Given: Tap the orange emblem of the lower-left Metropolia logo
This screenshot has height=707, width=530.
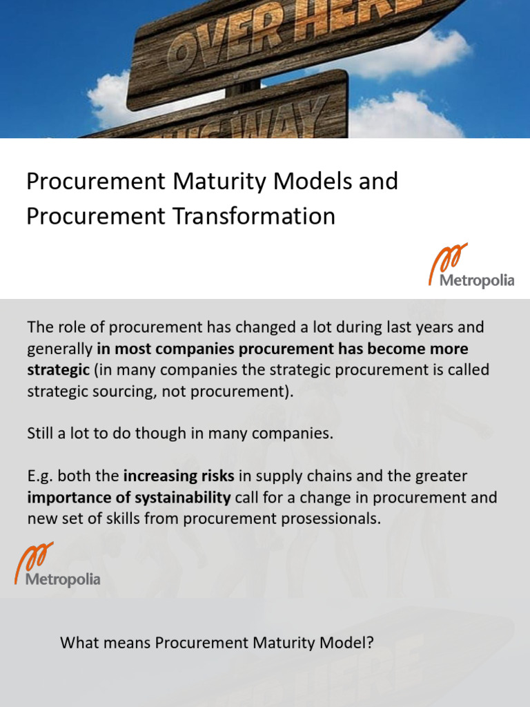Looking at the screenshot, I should coord(34,557).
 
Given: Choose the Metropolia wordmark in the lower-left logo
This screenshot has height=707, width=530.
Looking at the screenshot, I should coord(63,579).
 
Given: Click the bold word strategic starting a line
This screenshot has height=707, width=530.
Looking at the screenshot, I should coord(58,369).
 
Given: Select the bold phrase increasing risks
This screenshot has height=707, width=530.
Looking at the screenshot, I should coord(179,476).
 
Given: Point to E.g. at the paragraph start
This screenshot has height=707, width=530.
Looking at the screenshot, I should coord(40,476).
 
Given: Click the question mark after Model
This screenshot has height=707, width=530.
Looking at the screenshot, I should coord(370,643).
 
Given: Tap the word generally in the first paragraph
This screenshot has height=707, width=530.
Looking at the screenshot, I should coord(59,348).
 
